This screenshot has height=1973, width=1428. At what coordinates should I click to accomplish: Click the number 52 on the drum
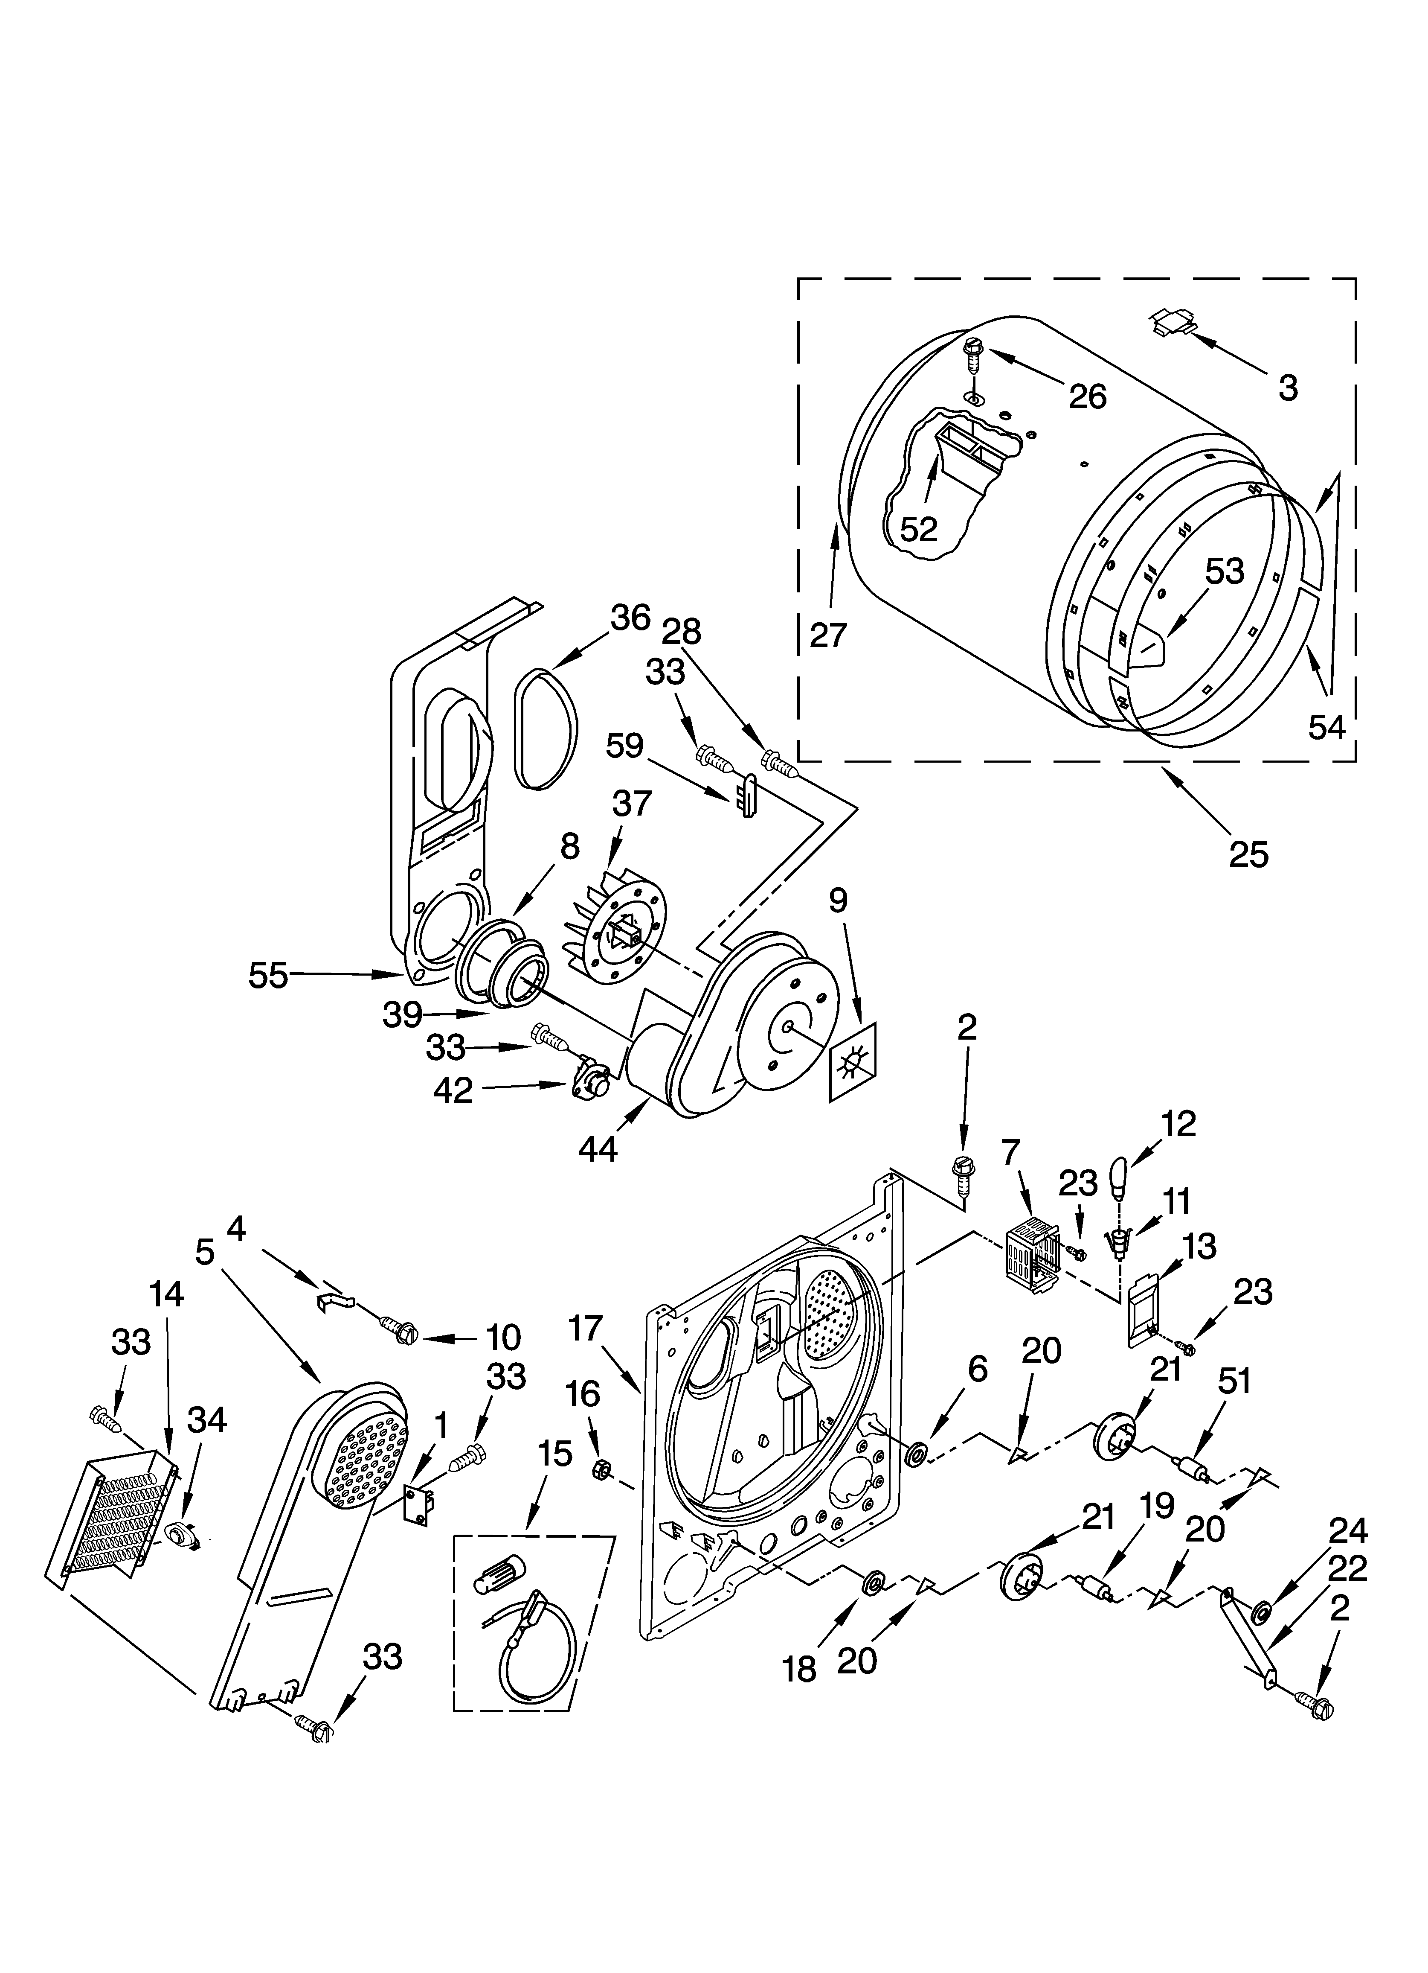coord(918,529)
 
